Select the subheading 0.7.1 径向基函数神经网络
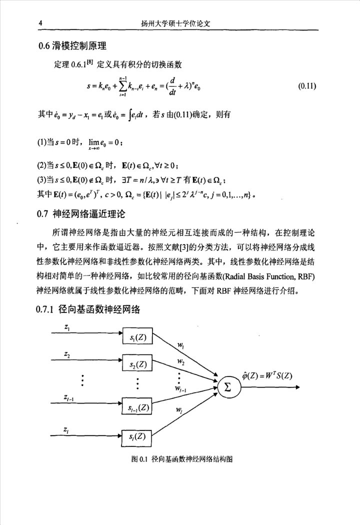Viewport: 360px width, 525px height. coord(89,309)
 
